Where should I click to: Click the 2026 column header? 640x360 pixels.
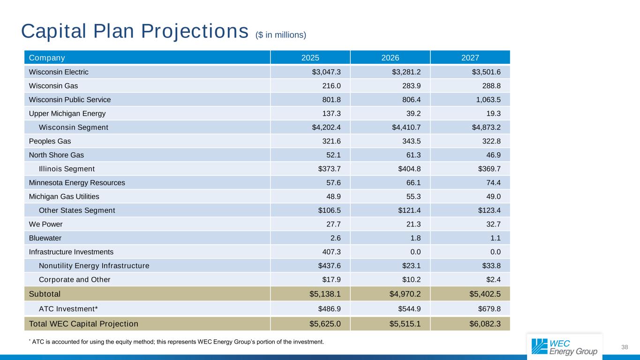(x=390, y=58)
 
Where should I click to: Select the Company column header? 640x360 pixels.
(x=47, y=58)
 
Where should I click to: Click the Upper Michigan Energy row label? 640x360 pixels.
(x=67, y=113)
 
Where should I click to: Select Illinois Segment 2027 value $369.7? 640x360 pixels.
(x=488, y=169)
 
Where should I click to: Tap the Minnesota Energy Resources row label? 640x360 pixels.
(x=77, y=183)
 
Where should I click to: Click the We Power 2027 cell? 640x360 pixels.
(x=492, y=224)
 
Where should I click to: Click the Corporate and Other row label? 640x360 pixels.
(x=75, y=280)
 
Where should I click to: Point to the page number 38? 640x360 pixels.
(x=624, y=347)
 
